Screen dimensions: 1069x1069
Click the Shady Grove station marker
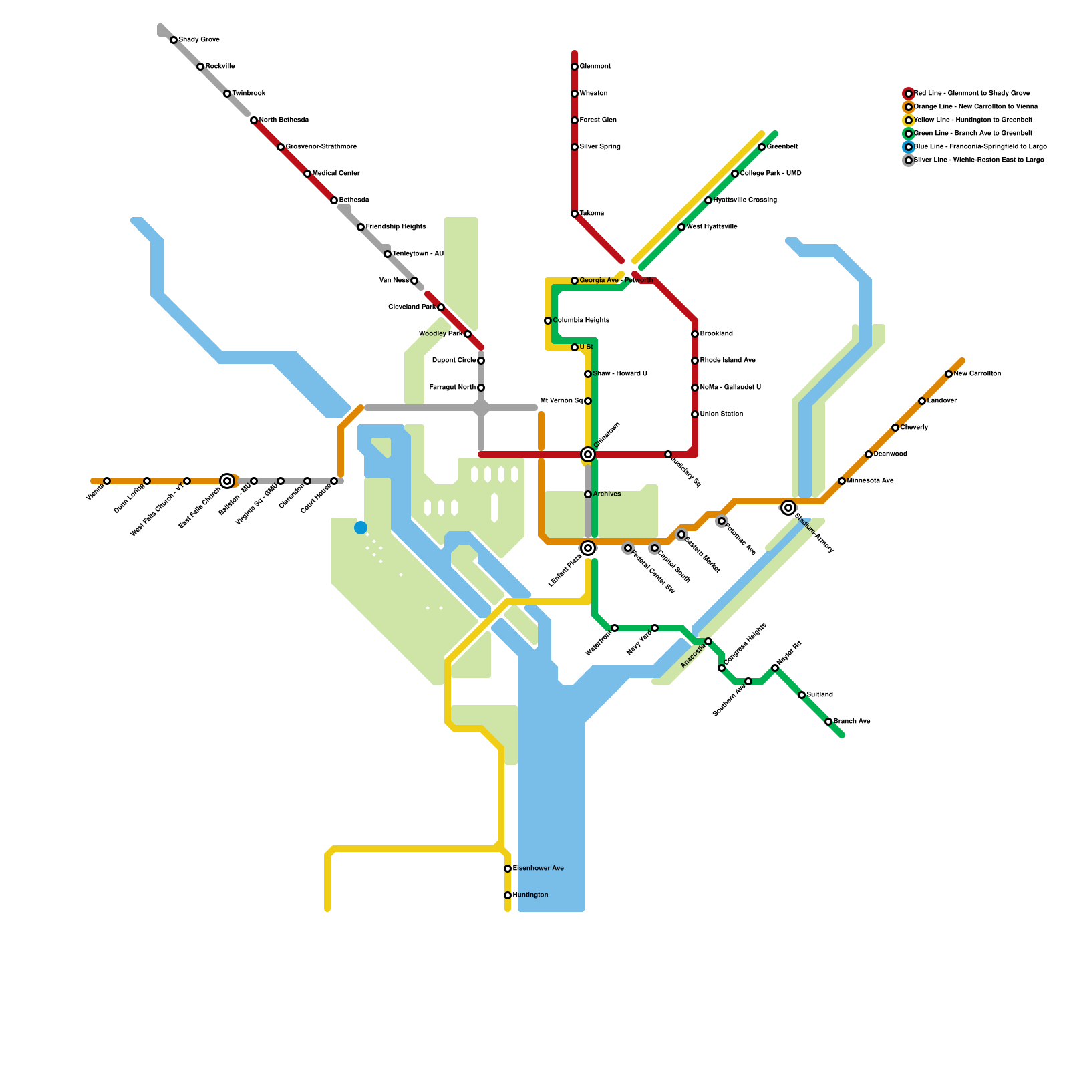tap(174, 40)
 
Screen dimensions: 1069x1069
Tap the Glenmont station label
tap(595, 67)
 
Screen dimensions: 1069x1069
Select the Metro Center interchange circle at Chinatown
tap(588, 454)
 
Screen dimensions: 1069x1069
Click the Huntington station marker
tap(508, 895)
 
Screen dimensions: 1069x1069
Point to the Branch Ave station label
tap(852, 722)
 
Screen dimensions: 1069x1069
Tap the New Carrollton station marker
tap(949, 374)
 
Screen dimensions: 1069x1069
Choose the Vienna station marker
tap(107, 481)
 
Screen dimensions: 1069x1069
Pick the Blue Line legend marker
tap(909, 147)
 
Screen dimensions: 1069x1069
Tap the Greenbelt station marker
tap(762, 147)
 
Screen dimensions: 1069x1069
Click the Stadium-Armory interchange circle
tap(788, 508)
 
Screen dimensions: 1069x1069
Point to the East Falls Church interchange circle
tap(227, 481)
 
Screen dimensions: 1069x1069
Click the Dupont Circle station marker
tap(481, 361)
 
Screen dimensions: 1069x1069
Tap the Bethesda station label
tap(354, 200)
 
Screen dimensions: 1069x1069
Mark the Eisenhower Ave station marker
tap(508, 869)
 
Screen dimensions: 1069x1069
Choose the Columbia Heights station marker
tap(548, 321)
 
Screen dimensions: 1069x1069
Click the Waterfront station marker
tap(615, 628)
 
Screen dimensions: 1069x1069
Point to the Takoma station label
tap(592, 214)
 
